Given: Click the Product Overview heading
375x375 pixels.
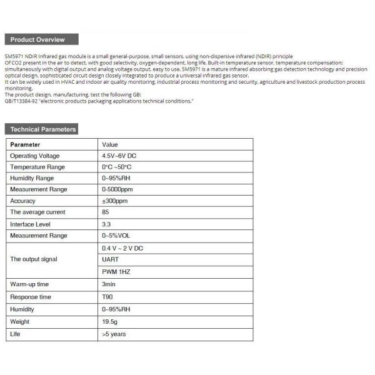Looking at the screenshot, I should click(x=38, y=39).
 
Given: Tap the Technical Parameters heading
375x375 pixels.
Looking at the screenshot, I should click(x=42, y=129).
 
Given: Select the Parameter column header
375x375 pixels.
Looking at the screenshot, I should click(x=26, y=144).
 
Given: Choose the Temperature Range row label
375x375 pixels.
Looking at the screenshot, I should click(x=37, y=167).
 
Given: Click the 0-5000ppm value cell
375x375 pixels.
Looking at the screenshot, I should click(x=117, y=189).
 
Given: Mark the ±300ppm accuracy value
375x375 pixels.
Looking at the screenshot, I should click(x=114, y=201).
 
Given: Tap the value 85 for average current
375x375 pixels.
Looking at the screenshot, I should click(x=105, y=212).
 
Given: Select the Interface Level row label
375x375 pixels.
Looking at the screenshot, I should click(x=30, y=224).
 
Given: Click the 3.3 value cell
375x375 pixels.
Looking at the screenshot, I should click(x=106, y=224).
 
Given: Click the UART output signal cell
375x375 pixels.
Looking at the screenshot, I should click(x=109, y=259).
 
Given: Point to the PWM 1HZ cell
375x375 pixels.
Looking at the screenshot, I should click(x=116, y=272).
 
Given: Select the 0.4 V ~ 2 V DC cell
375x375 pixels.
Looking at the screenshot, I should click(x=122, y=247).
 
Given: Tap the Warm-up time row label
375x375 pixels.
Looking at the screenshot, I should click(x=30, y=284).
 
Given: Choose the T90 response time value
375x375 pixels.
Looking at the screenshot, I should click(x=107, y=297).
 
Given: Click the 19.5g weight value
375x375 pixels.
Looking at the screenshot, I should click(x=109, y=322).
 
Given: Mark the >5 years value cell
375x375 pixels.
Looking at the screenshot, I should click(x=113, y=334).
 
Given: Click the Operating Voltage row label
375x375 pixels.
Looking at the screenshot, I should click(x=35, y=156).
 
